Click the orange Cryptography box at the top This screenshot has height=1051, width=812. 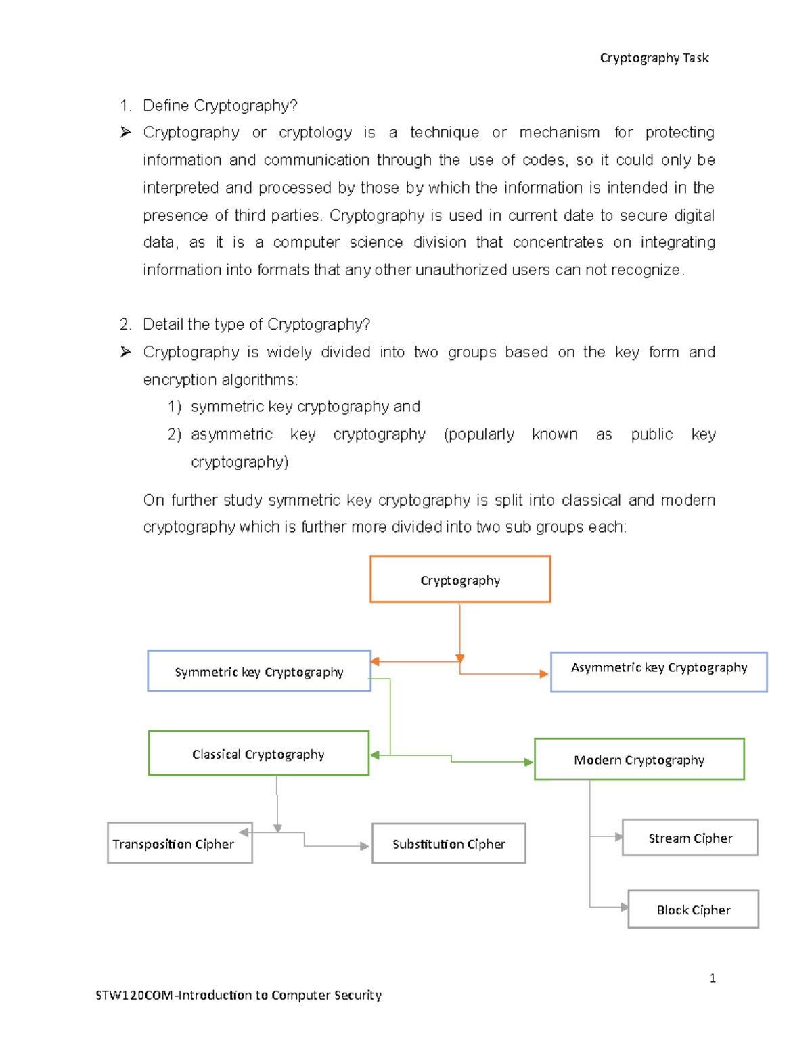pyautogui.click(x=460, y=579)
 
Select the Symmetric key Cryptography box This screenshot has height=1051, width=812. pyautogui.click(x=259, y=671)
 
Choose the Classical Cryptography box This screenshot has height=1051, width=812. pyautogui.click(x=258, y=753)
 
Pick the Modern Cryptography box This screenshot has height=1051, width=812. pyautogui.click(x=639, y=759)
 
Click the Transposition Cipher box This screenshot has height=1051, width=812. pyautogui.click(x=179, y=844)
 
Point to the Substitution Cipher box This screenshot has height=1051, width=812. pyautogui.click(x=449, y=844)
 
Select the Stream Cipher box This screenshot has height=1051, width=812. pyautogui.click(x=690, y=838)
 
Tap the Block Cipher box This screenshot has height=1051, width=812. pyautogui.click(x=693, y=910)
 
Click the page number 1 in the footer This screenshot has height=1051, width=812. pyautogui.click(x=713, y=978)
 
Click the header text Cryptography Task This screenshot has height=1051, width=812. pyautogui.click(x=654, y=58)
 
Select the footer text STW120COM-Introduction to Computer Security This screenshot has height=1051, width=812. pyautogui.click(x=238, y=995)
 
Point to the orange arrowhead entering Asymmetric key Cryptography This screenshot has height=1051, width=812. pyautogui.click(x=543, y=674)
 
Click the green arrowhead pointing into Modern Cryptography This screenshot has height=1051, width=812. pyautogui.click(x=528, y=762)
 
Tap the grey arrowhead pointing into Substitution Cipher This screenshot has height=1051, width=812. pyautogui.click(x=365, y=846)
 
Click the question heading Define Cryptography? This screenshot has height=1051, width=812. pyautogui.click(x=220, y=106)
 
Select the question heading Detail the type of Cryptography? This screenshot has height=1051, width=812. pyautogui.click(x=256, y=324)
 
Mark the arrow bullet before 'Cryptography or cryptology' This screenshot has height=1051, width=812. pyautogui.click(x=125, y=132)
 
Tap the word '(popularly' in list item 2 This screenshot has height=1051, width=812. pyautogui.click(x=479, y=434)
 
